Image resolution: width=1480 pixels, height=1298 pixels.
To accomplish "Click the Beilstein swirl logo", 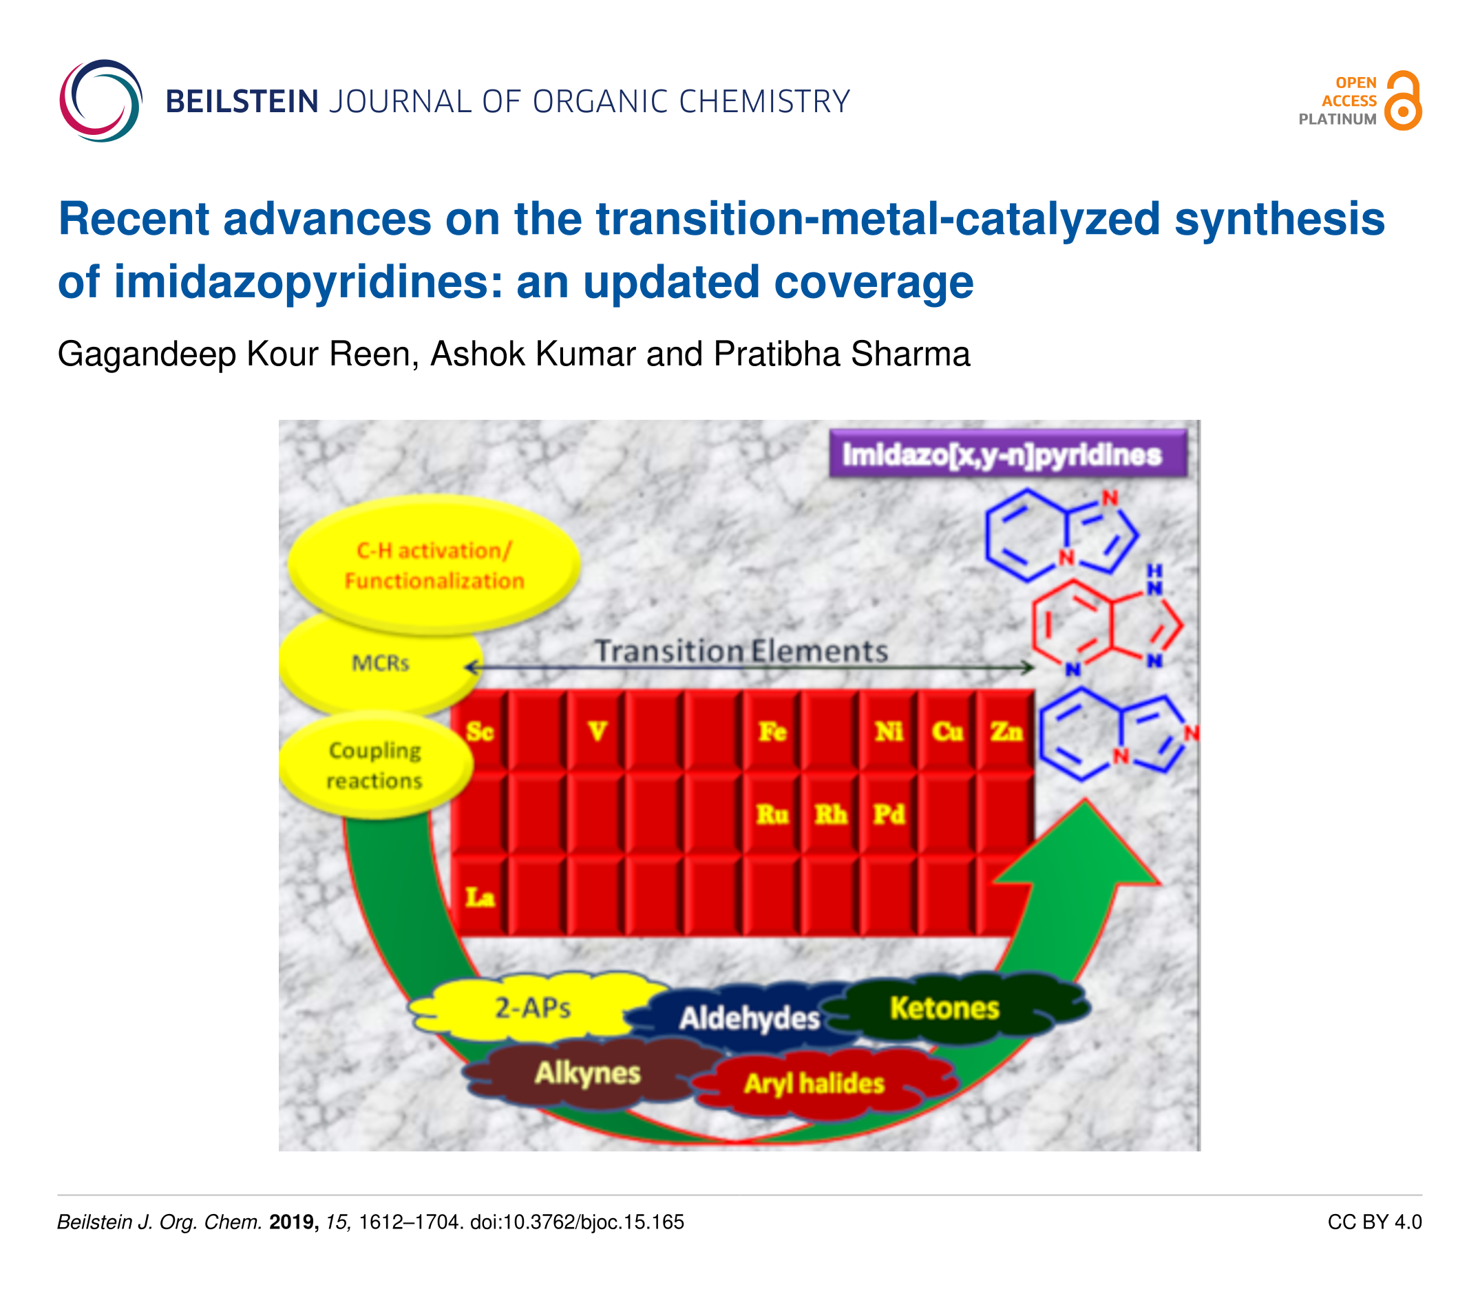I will (101, 100).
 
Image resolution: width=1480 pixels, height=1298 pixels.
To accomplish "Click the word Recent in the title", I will (134, 219).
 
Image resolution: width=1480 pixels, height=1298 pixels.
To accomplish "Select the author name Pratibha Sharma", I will (841, 354).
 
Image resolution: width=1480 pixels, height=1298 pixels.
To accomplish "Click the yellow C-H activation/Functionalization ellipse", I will (434, 564).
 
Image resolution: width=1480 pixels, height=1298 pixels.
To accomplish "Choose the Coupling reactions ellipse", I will (375, 766).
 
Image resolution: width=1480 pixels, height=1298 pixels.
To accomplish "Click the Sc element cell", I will (479, 731).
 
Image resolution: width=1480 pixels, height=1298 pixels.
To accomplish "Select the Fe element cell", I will (772, 731).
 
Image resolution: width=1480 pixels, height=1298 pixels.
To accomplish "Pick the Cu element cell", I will (947, 731).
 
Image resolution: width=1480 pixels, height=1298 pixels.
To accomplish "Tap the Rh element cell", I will (830, 814).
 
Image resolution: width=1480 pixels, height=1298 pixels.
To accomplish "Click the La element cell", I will (479, 897).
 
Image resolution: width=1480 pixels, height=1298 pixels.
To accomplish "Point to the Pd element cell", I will (889, 814).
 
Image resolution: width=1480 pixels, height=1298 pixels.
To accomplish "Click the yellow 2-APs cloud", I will (532, 1008).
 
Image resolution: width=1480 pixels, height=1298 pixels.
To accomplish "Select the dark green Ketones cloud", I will (945, 1008).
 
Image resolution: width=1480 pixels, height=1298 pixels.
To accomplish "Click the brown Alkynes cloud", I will (587, 1073).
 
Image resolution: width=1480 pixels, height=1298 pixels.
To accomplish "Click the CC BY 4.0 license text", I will (1374, 1222).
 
